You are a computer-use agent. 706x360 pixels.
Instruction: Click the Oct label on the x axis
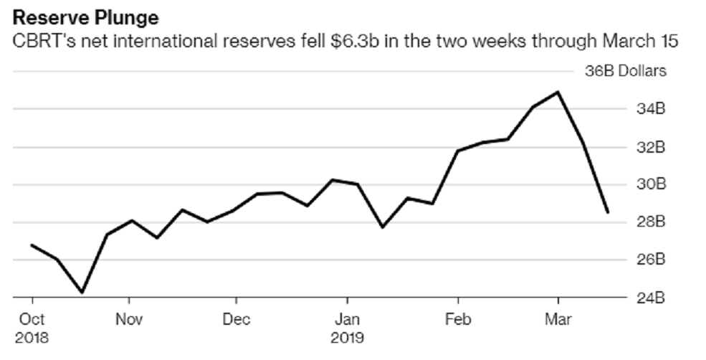(x=32, y=319)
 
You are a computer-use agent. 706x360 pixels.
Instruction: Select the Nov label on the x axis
(x=128, y=319)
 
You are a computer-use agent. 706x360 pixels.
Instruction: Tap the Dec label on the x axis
(x=236, y=319)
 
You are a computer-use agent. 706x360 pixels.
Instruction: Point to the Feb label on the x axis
(x=457, y=319)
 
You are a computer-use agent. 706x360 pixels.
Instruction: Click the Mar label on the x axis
(x=558, y=319)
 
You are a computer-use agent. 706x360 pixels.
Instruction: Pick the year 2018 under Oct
(x=33, y=336)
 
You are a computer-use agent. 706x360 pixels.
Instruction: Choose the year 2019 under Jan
(x=348, y=336)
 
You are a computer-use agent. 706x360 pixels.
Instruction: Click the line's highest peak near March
(x=558, y=92)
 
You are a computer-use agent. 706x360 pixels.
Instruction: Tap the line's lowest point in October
(x=82, y=293)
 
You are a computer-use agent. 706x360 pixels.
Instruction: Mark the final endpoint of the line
(x=608, y=212)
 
